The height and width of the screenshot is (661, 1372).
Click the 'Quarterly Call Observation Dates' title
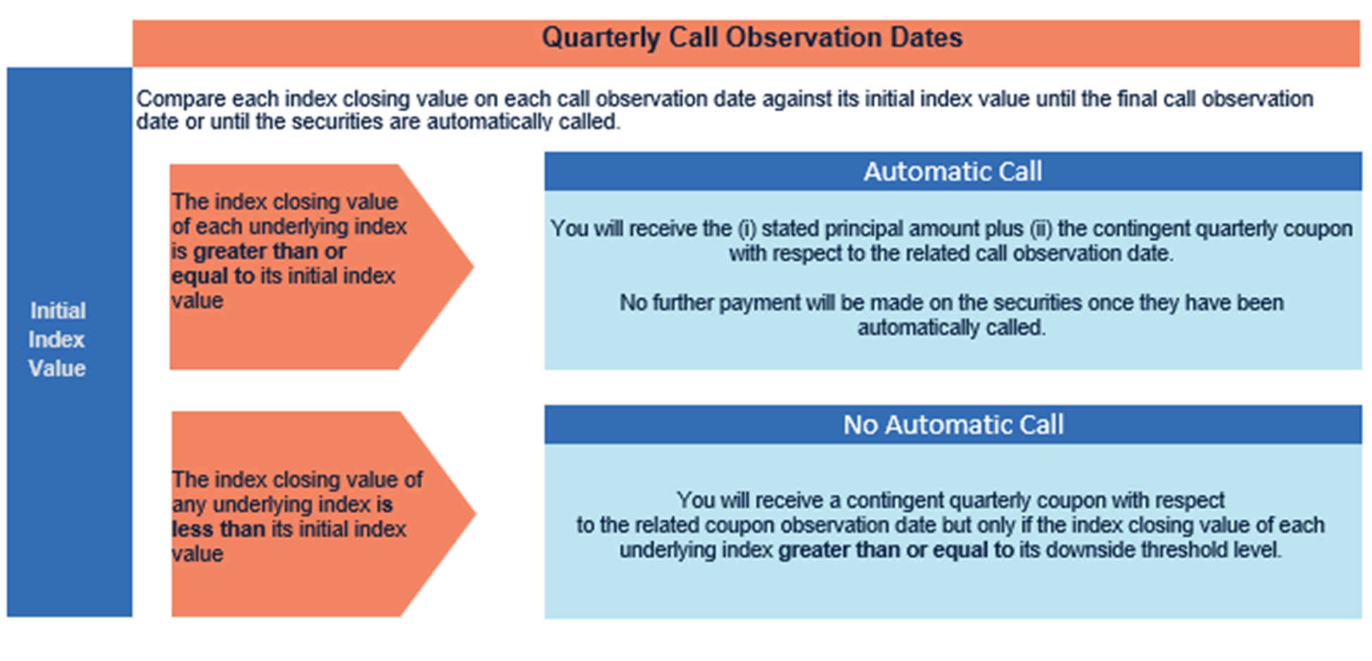(x=751, y=37)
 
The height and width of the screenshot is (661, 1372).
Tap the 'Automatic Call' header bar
(x=953, y=172)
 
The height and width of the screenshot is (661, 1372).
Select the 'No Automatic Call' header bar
(x=953, y=425)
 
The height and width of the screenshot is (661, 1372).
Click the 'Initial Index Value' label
(x=57, y=340)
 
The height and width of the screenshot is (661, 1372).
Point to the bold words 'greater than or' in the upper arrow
(x=269, y=251)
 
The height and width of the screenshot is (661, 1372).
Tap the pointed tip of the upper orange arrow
(x=474, y=267)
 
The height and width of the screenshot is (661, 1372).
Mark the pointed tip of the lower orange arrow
(x=476, y=513)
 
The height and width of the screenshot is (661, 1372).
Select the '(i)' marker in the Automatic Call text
(x=746, y=229)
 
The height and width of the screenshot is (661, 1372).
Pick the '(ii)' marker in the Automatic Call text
(x=1041, y=229)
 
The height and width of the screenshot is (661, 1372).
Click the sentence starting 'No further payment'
(x=951, y=315)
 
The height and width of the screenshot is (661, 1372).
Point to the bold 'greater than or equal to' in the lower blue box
(x=896, y=550)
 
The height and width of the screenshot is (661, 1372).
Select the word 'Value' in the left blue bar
(x=57, y=368)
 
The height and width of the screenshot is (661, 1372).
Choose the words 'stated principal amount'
(x=891, y=229)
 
